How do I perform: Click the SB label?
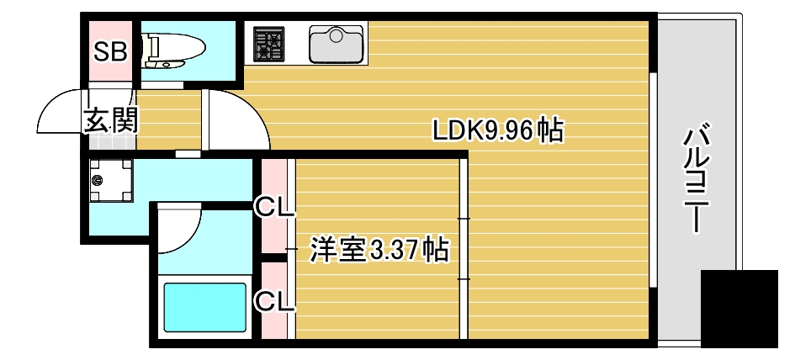pos(109,52)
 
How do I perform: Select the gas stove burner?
pos(269,44)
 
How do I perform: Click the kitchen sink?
pos(336,45)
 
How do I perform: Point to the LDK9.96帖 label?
pos(496,131)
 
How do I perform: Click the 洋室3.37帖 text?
pos(379,250)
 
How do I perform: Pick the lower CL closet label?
pos(273,299)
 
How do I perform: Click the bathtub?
pos(204,307)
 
